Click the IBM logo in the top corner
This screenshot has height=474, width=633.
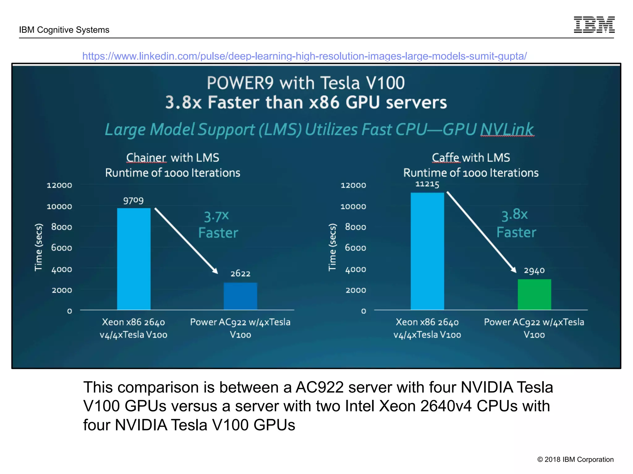tap(594, 25)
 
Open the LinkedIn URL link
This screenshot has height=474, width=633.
tap(304, 56)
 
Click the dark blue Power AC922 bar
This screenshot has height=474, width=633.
tap(240, 296)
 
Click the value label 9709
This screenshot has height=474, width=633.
tap(133, 201)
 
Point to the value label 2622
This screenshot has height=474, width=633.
tap(240, 273)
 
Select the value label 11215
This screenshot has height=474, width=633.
tap(427, 184)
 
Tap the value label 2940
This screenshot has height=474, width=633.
tap(534, 271)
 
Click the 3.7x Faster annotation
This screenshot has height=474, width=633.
tap(218, 224)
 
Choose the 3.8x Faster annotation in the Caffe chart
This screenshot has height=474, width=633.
tap(516, 223)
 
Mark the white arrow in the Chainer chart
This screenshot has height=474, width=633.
tap(186, 241)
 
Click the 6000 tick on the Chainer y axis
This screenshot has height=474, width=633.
tap(62, 248)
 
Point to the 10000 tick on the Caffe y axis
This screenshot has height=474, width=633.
tap(353, 206)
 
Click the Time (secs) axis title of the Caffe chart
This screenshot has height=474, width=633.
tap(332, 247)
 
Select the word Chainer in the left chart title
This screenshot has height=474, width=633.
tap(146, 158)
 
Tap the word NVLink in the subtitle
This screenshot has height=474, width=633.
tap(507, 129)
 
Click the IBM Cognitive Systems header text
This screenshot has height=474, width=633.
tap(64, 30)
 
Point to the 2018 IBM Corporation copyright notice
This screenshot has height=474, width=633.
tap(575, 459)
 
